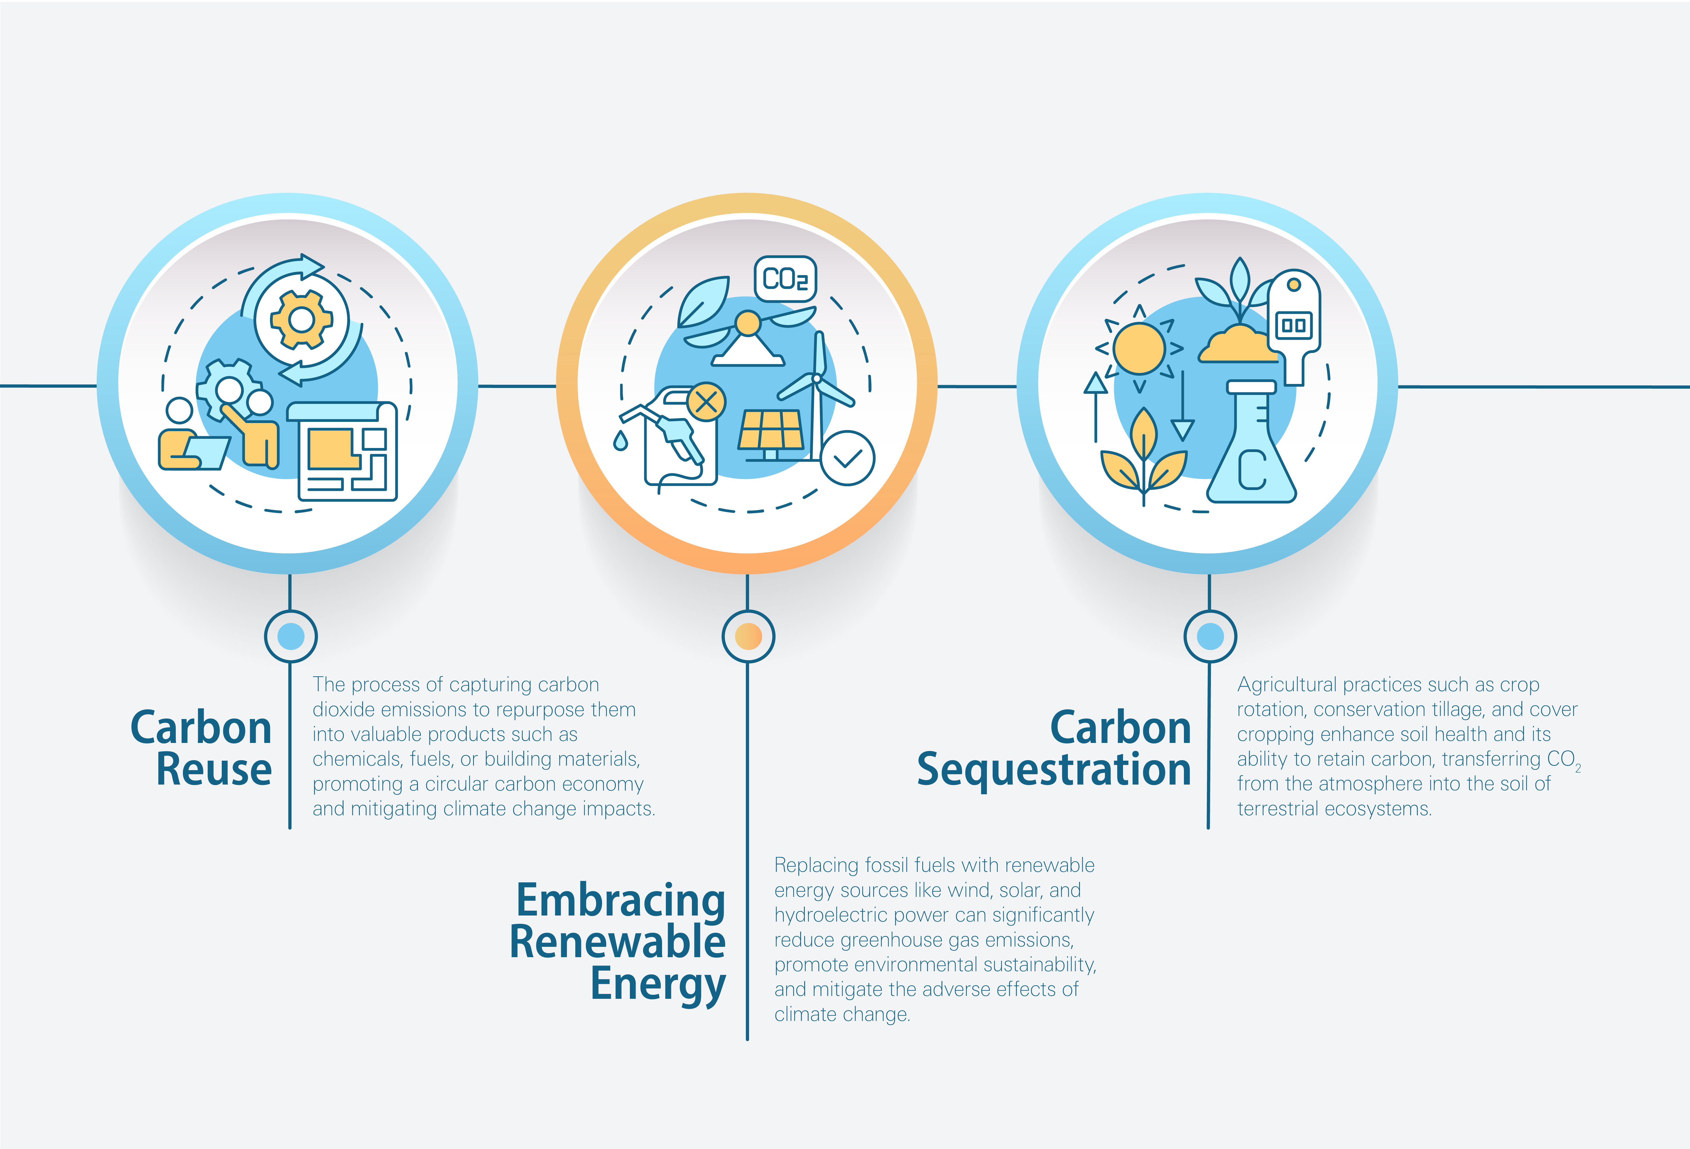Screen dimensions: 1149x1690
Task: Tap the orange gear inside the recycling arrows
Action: click(x=301, y=319)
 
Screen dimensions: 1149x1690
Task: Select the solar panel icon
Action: click(x=771, y=430)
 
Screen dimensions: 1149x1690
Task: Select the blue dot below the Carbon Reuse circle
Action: click(x=291, y=636)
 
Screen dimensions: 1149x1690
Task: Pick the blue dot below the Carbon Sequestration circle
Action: click(x=1210, y=636)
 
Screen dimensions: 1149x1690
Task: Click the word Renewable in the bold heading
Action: click(x=618, y=942)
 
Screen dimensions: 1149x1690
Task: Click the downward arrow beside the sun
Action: click(x=1182, y=407)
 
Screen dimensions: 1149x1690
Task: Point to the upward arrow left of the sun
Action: click(x=1096, y=407)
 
